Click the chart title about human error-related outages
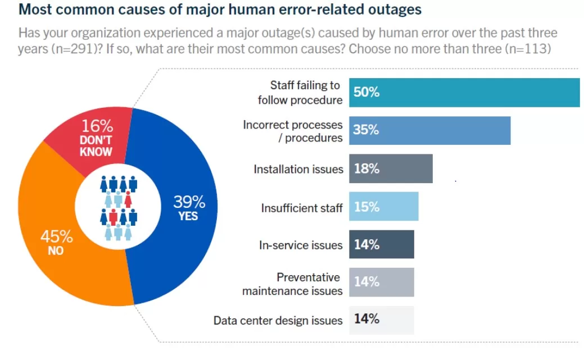[220, 10]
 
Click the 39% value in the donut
[189, 201]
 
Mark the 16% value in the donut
[97, 126]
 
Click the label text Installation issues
[298, 169]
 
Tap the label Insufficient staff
[301, 208]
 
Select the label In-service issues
[300, 245]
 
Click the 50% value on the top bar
[366, 92]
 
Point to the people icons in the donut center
[119, 208]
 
